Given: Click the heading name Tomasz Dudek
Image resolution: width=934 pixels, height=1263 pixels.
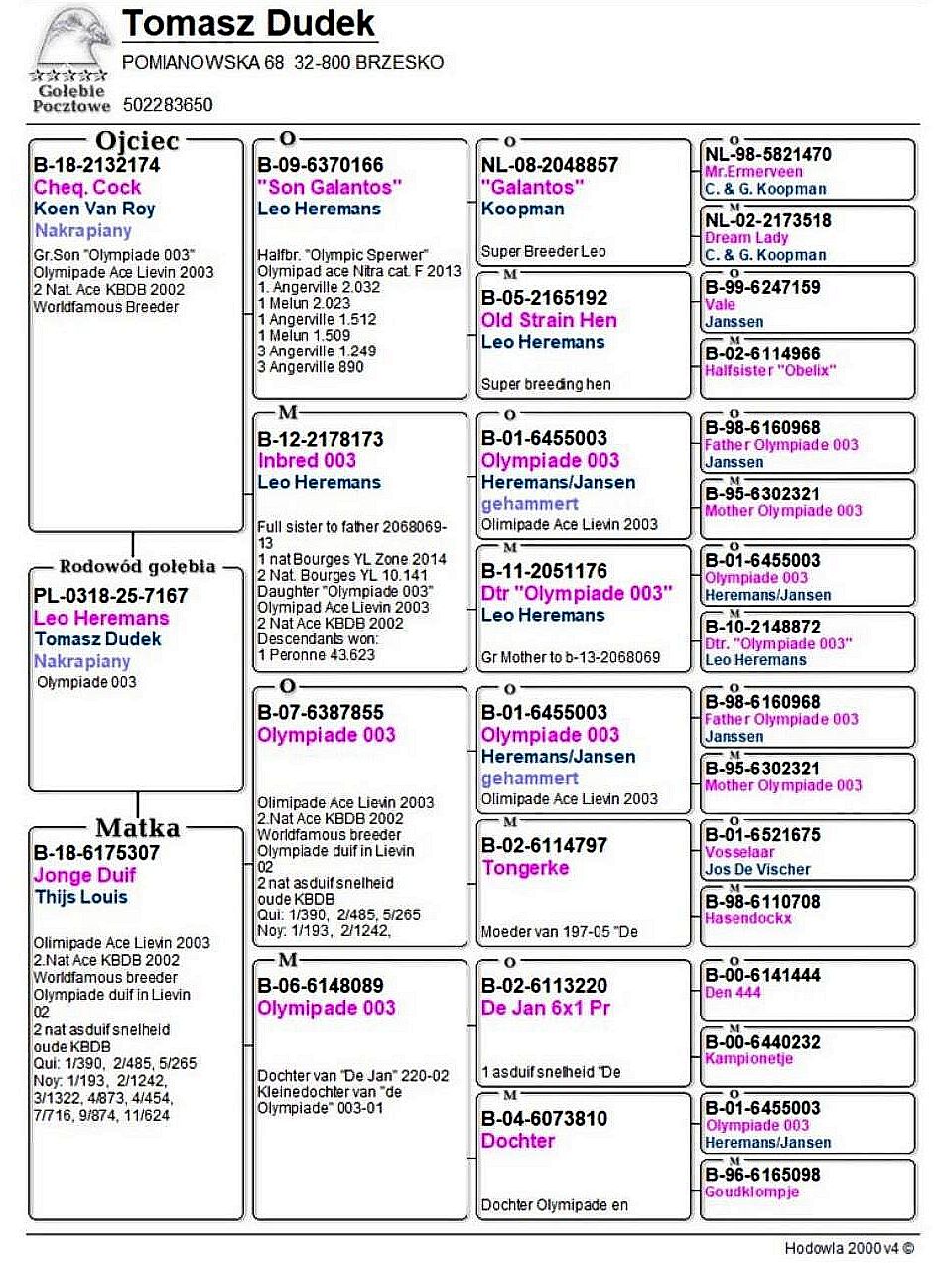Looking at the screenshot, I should coord(248,24).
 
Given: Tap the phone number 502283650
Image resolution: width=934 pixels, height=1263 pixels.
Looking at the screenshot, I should coord(168,104).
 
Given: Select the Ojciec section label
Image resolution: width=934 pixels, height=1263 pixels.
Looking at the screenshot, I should coord(137,140).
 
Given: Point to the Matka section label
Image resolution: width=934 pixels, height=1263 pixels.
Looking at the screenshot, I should coord(137,828).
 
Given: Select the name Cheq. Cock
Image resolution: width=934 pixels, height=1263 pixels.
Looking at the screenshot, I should coord(87,187).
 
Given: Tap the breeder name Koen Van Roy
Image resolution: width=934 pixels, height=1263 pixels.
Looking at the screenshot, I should coord(94,209).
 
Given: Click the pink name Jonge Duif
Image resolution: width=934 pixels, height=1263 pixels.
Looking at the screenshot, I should coord(84,875).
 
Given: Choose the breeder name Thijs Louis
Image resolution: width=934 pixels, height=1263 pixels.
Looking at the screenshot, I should coord(80,897).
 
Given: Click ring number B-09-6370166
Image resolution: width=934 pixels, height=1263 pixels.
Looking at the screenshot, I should coord(320,165).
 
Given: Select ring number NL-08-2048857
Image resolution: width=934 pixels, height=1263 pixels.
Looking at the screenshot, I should coord(549,165).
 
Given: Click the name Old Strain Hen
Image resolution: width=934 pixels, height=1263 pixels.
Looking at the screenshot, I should coord(549,320).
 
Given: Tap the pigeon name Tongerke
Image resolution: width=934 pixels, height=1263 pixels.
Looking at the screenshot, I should coord(525,868).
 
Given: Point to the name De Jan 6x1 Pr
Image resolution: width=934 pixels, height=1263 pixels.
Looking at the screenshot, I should coord(545,1008).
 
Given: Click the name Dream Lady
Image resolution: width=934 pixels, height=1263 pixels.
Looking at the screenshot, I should coord(746,238).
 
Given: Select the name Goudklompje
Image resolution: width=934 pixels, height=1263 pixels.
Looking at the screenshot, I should coord(751,1193).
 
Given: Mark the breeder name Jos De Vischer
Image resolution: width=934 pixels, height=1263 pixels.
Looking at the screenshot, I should coord(757,869).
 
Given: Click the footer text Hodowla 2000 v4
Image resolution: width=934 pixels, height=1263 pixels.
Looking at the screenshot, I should coord(848,1248).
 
